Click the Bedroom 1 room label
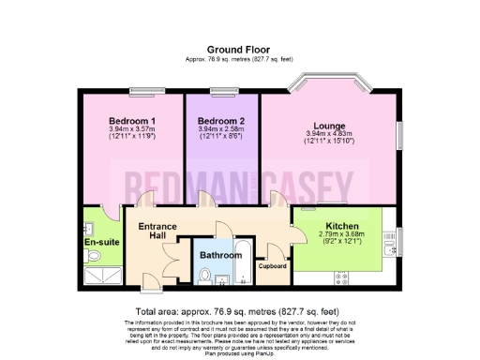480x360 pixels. coord(131,121)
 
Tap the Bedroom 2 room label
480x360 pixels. coord(222,121)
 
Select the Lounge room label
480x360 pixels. coord(330,125)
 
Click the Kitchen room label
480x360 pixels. coord(341,226)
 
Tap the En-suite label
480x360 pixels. coord(99,242)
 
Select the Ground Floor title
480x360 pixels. coord(241,51)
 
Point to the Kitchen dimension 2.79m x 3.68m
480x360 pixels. coord(341,236)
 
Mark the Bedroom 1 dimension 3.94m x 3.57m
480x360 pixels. coord(131,131)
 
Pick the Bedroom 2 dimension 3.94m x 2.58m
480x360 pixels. coord(222,131)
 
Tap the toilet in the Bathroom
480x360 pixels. coord(206,275)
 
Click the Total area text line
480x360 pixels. coord(240,310)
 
